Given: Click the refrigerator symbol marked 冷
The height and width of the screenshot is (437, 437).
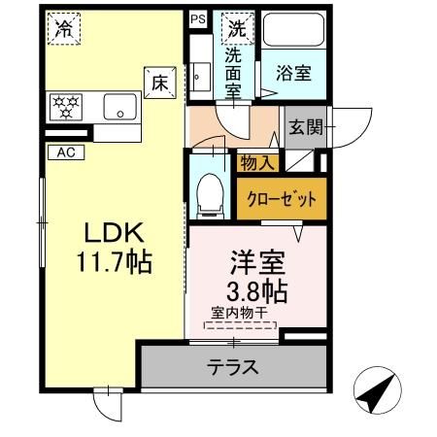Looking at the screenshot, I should click(64, 29).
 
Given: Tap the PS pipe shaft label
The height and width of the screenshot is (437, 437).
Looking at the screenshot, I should click(198, 17).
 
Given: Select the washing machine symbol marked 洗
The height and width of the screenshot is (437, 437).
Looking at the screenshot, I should click(236, 28).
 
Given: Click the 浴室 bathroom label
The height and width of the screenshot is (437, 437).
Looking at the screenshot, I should click(291, 73).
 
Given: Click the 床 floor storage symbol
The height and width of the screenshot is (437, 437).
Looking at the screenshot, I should click(158, 83).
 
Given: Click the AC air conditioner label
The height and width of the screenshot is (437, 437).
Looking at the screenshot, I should click(65, 151).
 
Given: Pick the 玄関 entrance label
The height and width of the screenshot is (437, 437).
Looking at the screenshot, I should click(304, 127).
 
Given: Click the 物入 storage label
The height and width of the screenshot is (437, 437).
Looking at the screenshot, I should click(257, 164).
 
